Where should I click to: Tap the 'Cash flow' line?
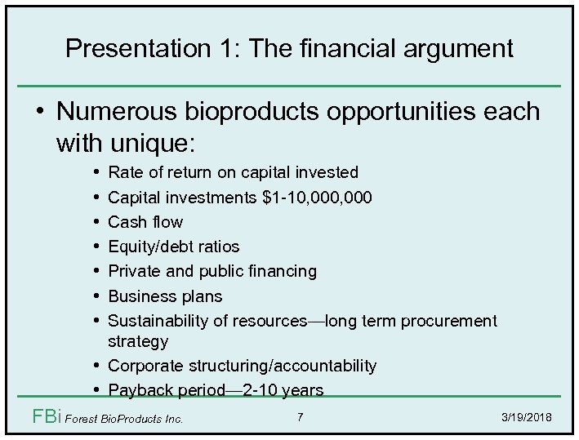[x=145, y=221]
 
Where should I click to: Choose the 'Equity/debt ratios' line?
[x=173, y=246]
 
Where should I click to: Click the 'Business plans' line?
[x=164, y=295]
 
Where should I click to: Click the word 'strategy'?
[x=138, y=340]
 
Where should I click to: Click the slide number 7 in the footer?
[x=301, y=418]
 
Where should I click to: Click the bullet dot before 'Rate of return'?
[x=97, y=171]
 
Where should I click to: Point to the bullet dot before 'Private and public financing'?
[x=97, y=270]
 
